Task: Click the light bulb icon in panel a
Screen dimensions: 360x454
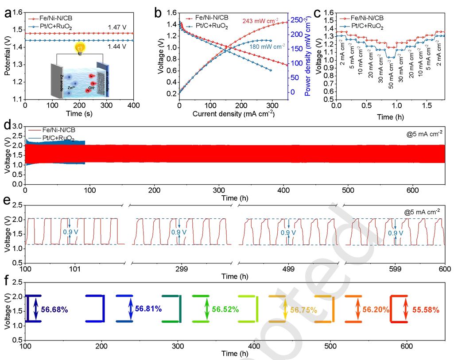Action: (x=80, y=48)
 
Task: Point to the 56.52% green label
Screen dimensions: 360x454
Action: (x=225, y=309)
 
